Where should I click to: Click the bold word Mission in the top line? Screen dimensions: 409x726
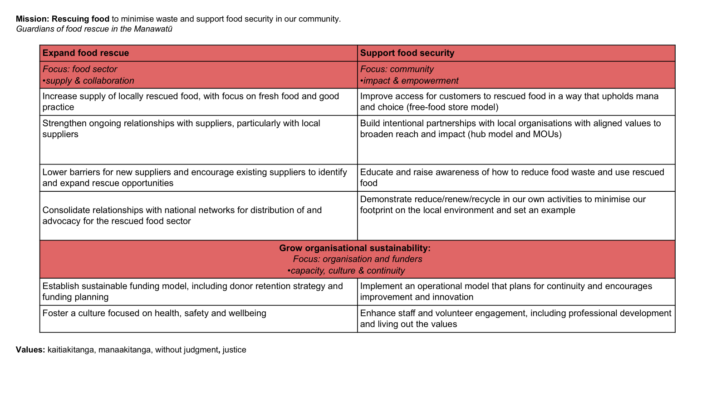(32, 19)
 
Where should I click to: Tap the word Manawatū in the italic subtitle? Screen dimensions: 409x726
(153, 29)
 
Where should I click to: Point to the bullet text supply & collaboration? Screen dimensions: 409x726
(90, 81)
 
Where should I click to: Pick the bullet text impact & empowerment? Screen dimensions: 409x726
(411, 81)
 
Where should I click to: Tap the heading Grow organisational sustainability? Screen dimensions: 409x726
(354, 248)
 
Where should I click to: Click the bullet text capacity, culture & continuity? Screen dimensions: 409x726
(347, 271)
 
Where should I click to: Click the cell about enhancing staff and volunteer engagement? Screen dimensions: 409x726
(515, 319)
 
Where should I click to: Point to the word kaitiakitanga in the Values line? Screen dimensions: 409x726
(70, 350)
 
